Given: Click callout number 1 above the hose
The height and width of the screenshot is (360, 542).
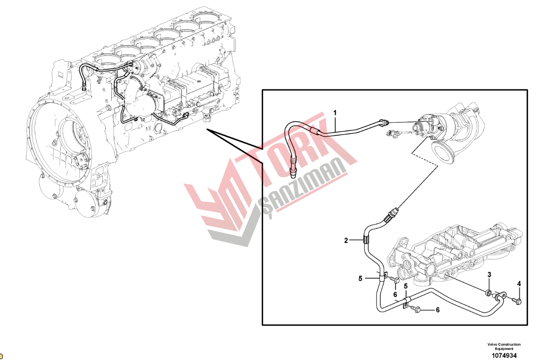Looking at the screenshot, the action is point(335,113).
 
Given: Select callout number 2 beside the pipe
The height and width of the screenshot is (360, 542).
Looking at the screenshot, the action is point(346,241).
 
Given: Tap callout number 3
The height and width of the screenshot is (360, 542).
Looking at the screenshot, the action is point(489,275).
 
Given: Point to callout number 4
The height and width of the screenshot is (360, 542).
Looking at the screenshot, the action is point(519,284).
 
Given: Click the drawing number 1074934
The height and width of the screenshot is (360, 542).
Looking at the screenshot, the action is point(504,356).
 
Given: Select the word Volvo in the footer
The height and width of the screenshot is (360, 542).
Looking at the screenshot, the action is point(492,344).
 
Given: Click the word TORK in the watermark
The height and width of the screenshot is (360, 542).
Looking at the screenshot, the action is point(298,150).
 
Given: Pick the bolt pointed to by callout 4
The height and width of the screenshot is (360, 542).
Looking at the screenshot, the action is point(517,301).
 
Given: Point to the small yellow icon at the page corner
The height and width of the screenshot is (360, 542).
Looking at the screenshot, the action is point(1,356).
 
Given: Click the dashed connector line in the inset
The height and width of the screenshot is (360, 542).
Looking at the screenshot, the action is point(425,159).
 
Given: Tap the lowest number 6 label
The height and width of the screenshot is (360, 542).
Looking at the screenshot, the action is point(437,310).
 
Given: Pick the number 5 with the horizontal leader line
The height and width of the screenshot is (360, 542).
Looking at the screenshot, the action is point(360,279).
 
